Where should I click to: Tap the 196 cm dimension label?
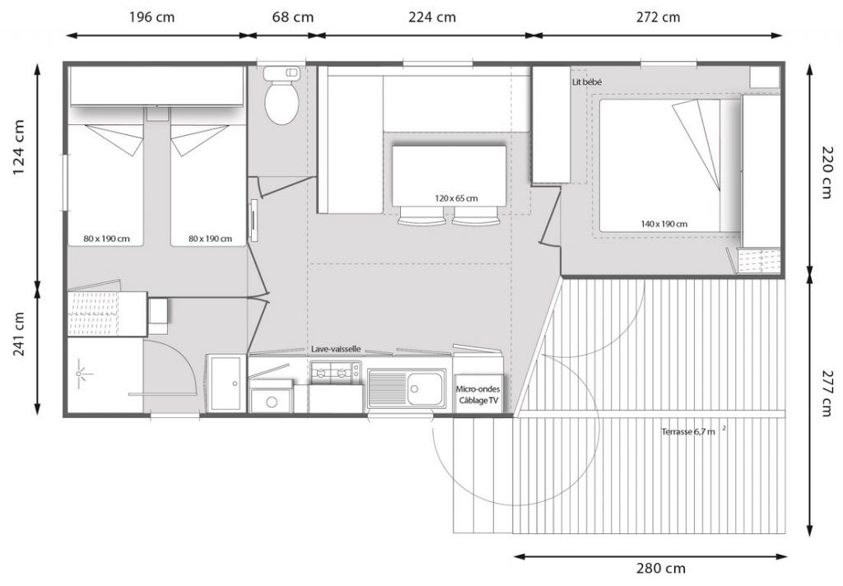coord(151,17)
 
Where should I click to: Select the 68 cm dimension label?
coord(292,17)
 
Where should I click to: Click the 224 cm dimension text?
coord(431,17)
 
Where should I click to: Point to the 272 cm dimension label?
coord(658,17)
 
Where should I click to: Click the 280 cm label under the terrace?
coord(661,568)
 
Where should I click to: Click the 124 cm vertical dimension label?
coord(18,146)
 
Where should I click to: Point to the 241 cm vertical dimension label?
coord(18,334)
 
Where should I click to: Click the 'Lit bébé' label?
coord(587,82)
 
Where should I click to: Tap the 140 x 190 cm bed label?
coord(664,224)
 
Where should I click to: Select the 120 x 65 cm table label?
coord(456,198)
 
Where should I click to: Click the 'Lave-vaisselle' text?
coord(336,349)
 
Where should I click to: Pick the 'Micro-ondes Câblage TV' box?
coord(478,394)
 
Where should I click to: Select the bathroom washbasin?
coord(226,383)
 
